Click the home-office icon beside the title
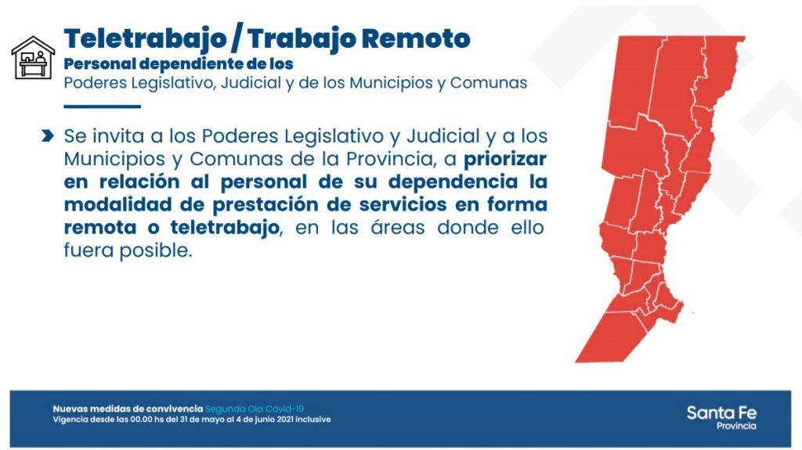pyautogui.click(x=33, y=58)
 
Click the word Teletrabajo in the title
pyautogui.click(x=145, y=39)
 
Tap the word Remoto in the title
pyautogui.click(x=416, y=38)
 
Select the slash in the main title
pyautogui.click(x=237, y=39)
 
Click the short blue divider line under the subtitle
pyautogui.click(x=103, y=106)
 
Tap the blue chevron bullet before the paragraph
pyautogui.click(x=47, y=135)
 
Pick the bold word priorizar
pyautogui.click(x=505, y=159)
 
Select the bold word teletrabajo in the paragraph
pyautogui.click(x=225, y=228)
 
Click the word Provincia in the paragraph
pyautogui.click(x=388, y=159)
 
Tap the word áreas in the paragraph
pyautogui.click(x=398, y=227)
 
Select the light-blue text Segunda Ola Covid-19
pyautogui.click(x=255, y=409)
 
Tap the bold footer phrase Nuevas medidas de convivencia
pyautogui.click(x=128, y=409)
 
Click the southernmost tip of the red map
pyautogui.click(x=576, y=362)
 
